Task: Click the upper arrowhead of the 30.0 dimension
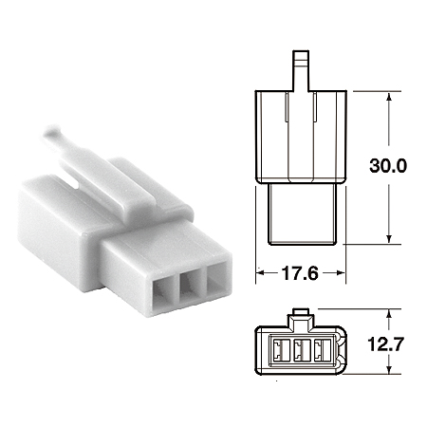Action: pyautogui.click(x=390, y=98)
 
